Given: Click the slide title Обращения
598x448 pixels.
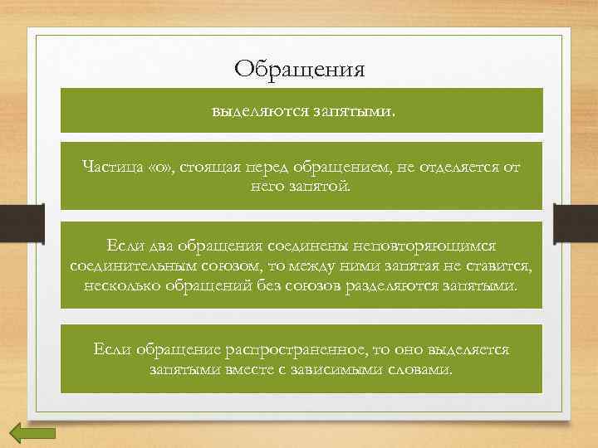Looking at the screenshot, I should [x=300, y=67].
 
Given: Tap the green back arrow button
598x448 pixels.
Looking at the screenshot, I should [x=32, y=433].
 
